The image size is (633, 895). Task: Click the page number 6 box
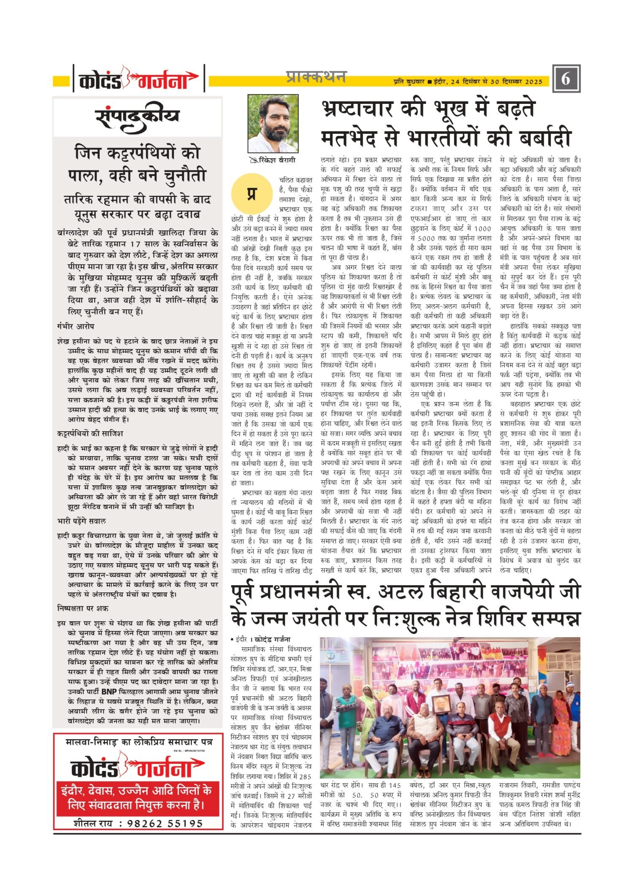pos(566,78)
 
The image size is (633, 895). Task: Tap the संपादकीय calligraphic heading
pos(137,117)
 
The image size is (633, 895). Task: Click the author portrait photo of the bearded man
pos(273,123)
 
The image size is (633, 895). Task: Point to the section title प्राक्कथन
pos(316,77)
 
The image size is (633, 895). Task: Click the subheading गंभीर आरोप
pos(76,326)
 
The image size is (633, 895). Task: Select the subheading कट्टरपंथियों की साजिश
pos(90,433)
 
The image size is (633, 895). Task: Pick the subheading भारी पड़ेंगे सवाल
pos(81,521)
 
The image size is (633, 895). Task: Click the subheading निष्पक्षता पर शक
pos(83,608)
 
